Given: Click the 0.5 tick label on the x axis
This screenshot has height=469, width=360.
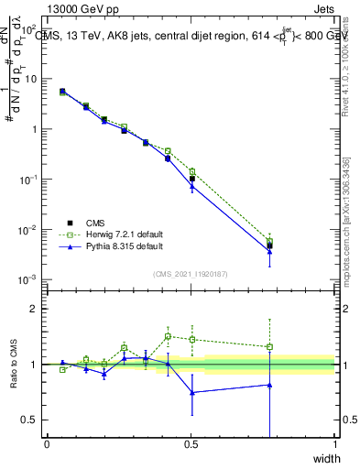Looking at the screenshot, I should (191, 444).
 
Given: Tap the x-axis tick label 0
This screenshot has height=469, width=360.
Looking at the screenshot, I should (47, 444).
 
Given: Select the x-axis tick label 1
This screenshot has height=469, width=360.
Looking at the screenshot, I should (334, 444).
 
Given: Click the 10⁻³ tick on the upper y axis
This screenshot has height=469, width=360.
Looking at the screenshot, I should (28, 278).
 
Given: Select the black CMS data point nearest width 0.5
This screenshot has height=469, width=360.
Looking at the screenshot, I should (192, 179).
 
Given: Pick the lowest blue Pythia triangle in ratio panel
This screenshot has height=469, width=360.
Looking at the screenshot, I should (192, 392).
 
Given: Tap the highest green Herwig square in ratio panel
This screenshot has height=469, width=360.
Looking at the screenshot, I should (168, 336).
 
